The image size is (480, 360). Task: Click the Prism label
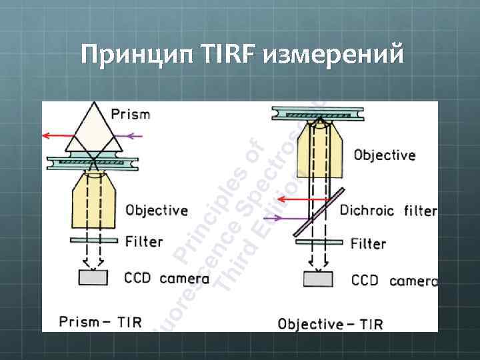tap(131, 114)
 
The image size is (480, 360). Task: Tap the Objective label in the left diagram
tap(157, 210)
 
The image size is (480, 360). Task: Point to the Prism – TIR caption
tap(100, 321)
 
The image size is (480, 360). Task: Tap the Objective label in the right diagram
tap(384, 155)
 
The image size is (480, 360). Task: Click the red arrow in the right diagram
tap(301, 199)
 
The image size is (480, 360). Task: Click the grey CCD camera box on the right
tap(319, 278)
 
